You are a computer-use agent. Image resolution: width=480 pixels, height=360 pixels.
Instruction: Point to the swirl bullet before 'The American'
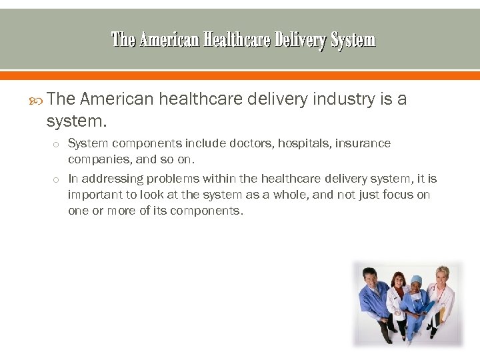pyautogui.click(x=37, y=100)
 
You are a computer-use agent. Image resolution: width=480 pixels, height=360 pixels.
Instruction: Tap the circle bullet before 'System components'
pyautogui.click(x=57, y=144)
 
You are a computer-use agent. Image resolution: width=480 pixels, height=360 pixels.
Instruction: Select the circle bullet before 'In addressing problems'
pyautogui.click(x=57, y=179)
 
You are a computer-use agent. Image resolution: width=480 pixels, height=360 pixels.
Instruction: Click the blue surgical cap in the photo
pyautogui.click(x=417, y=280)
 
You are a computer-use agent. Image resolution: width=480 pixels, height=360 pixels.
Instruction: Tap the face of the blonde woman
pyautogui.click(x=441, y=277)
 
